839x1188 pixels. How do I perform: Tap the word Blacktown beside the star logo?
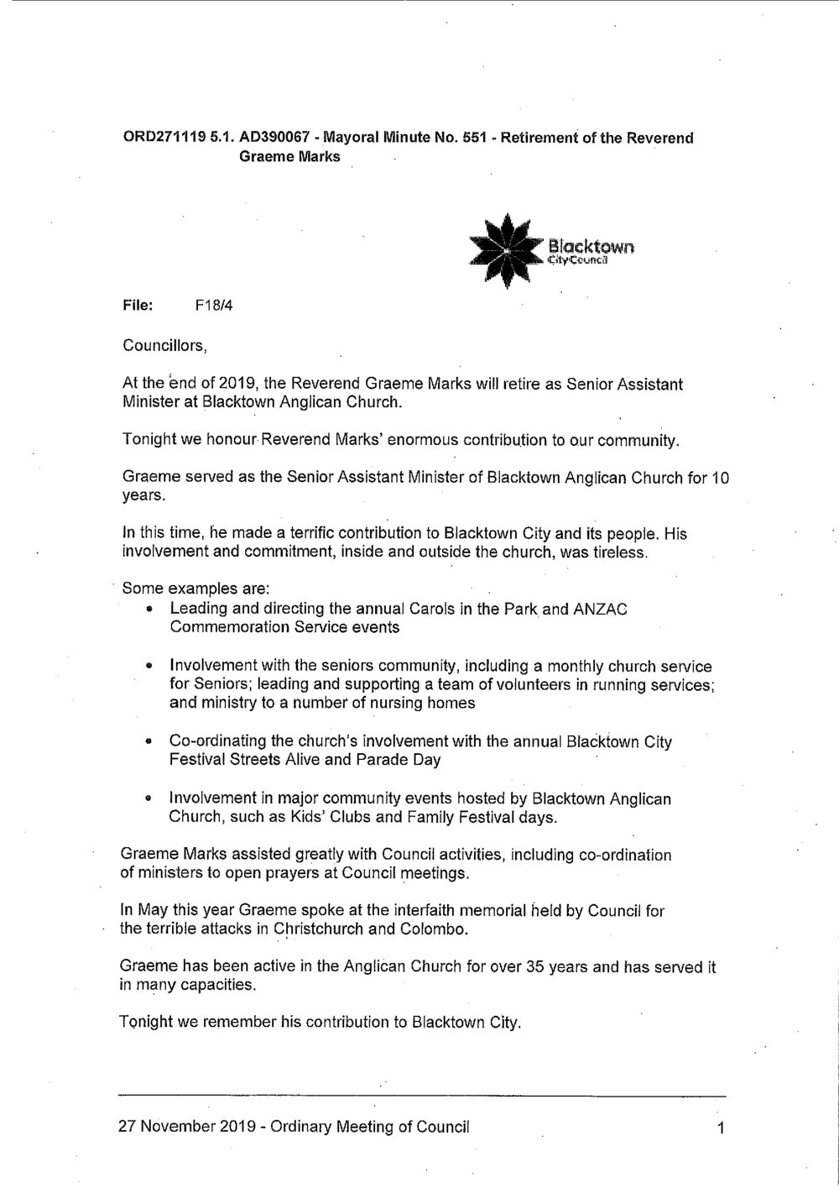click(x=591, y=246)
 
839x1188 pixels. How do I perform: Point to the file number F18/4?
click(x=213, y=306)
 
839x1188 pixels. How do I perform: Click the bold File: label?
click(x=138, y=306)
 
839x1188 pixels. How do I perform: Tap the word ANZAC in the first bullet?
click(x=601, y=609)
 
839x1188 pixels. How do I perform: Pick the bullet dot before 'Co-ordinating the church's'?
click(x=149, y=742)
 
